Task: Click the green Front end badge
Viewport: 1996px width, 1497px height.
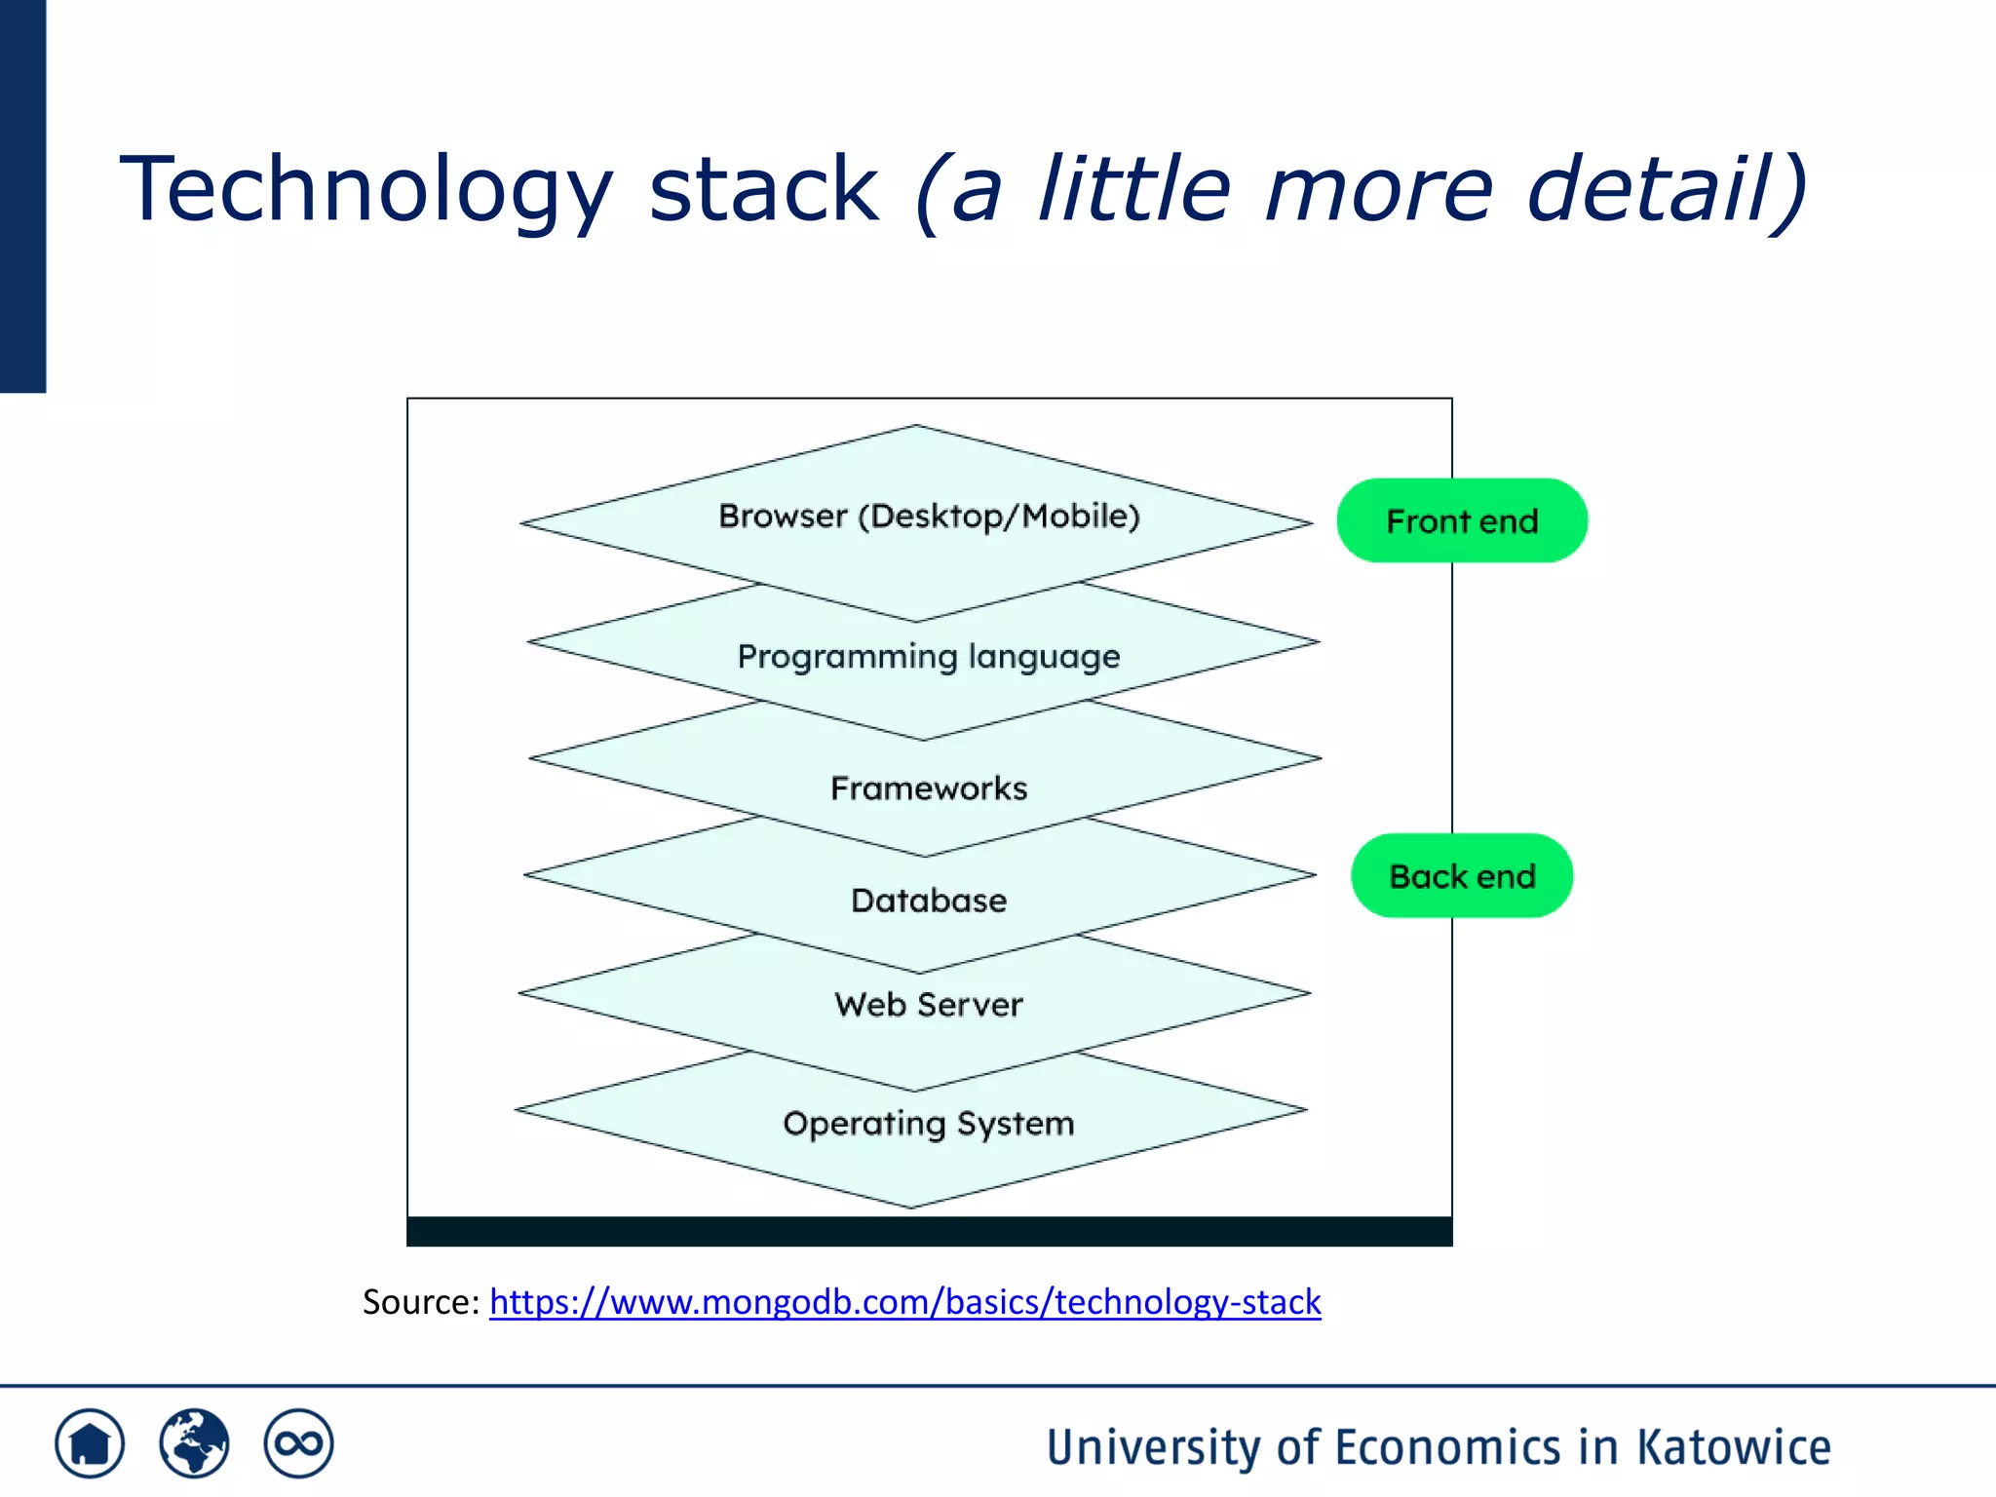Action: point(1461,520)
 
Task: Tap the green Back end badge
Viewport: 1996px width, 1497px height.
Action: point(1461,875)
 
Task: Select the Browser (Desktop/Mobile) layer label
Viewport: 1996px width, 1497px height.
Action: point(929,516)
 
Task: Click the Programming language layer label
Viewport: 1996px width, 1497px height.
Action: point(929,657)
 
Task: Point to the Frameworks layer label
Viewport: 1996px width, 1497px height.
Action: point(929,787)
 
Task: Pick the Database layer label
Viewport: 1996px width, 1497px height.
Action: point(929,900)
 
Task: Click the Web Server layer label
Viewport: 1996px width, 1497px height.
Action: point(929,1004)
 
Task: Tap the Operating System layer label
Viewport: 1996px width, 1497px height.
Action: point(929,1124)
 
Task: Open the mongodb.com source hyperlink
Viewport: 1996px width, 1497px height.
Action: point(904,1302)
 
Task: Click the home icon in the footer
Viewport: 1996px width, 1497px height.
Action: point(90,1443)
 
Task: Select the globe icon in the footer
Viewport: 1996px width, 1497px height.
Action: point(194,1443)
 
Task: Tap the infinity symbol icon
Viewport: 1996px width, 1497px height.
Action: point(298,1443)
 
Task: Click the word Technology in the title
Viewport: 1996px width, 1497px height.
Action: point(366,189)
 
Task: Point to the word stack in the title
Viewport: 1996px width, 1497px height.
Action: point(763,189)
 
